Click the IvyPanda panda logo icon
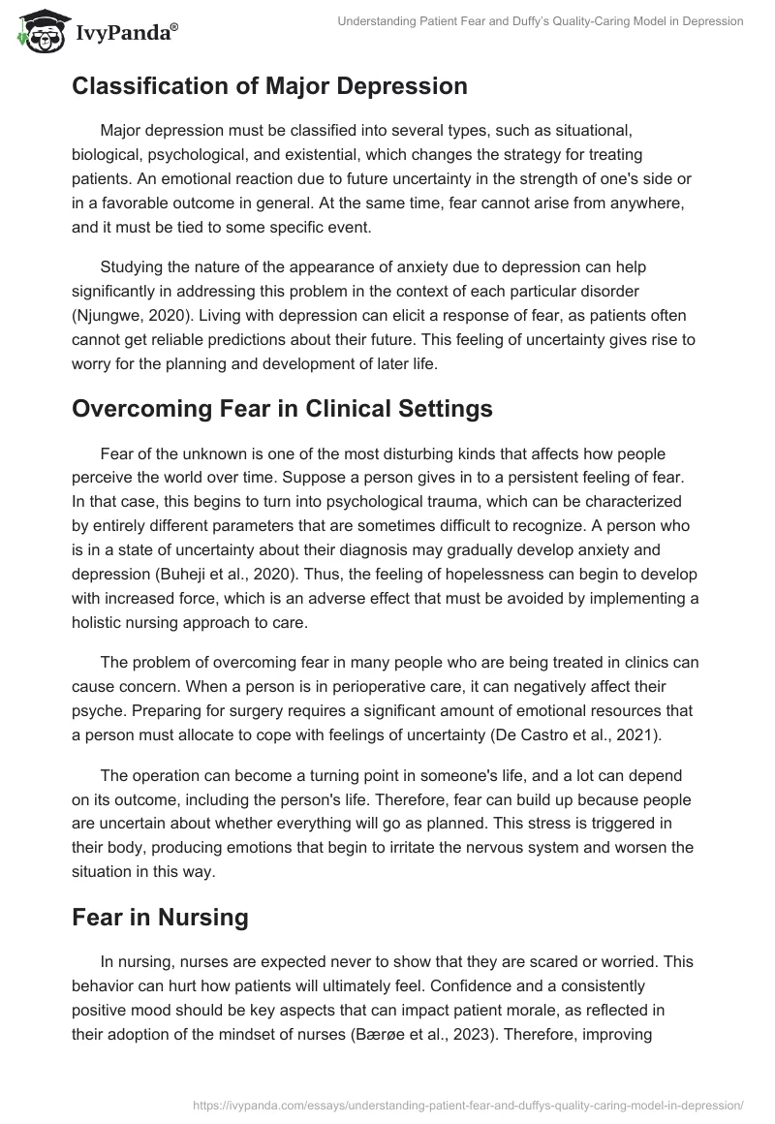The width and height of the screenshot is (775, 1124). click(x=38, y=29)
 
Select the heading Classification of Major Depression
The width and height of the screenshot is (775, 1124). click(x=269, y=85)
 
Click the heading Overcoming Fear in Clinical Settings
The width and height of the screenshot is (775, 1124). click(x=282, y=409)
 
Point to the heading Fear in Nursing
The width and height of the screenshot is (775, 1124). click(x=160, y=917)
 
